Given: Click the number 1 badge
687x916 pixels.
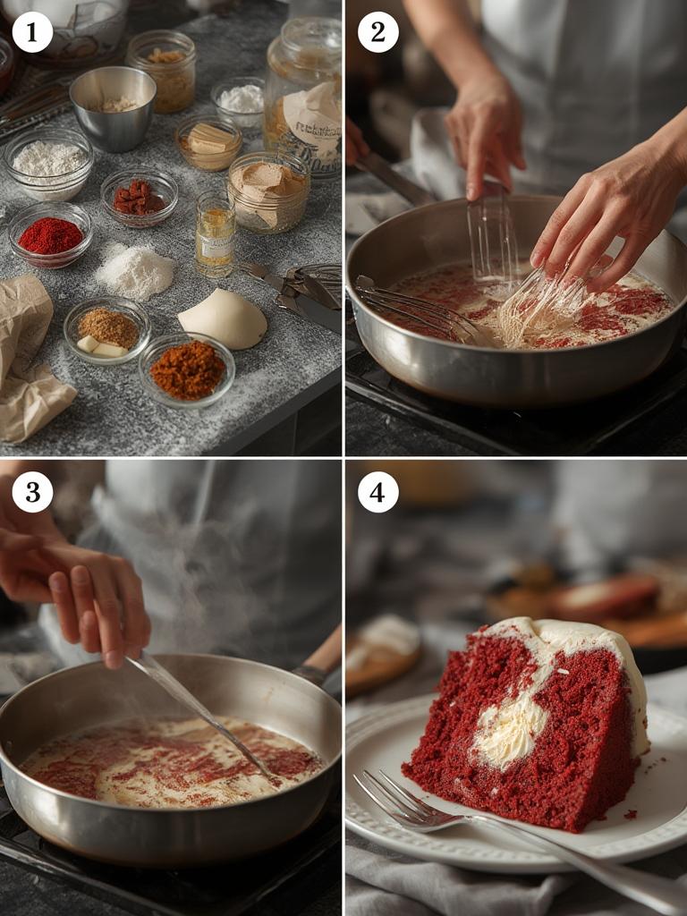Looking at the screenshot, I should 32,32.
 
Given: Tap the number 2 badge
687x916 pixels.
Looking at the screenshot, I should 377,32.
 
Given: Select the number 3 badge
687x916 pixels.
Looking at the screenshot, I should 32,492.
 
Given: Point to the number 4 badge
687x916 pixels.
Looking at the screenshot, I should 377,492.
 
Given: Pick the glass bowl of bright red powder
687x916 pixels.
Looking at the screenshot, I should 50,235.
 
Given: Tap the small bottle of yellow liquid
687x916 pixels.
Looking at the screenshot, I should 215,234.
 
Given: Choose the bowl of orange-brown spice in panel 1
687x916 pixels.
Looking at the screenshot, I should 187,369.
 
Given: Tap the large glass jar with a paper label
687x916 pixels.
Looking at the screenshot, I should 304,94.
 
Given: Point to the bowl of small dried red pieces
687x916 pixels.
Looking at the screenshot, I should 139,197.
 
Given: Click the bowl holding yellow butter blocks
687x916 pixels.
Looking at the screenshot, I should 208,142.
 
